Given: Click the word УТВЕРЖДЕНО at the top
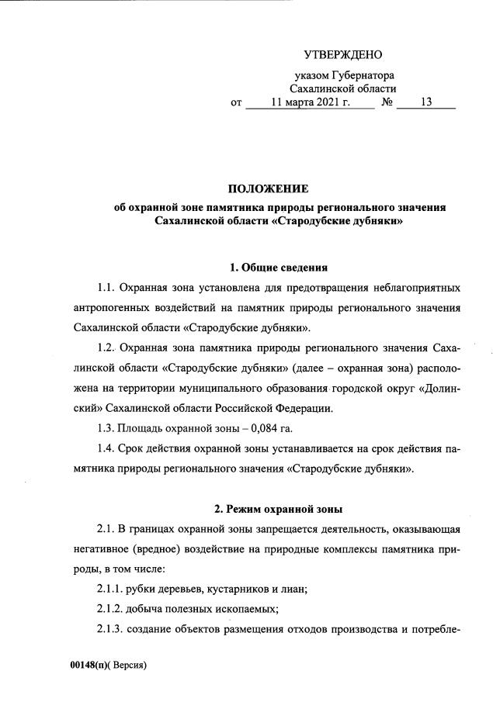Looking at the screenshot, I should tap(343, 54).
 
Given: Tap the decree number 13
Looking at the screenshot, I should tap(425, 102).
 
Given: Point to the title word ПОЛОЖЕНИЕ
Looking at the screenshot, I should tap(268, 189).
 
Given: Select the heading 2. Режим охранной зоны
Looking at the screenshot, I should tap(279, 509).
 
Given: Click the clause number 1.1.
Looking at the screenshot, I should tap(107, 289).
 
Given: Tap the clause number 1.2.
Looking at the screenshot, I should tap(107, 348).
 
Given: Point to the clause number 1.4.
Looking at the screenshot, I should tap(107, 448).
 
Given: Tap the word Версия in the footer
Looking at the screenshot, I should tap(128, 666).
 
